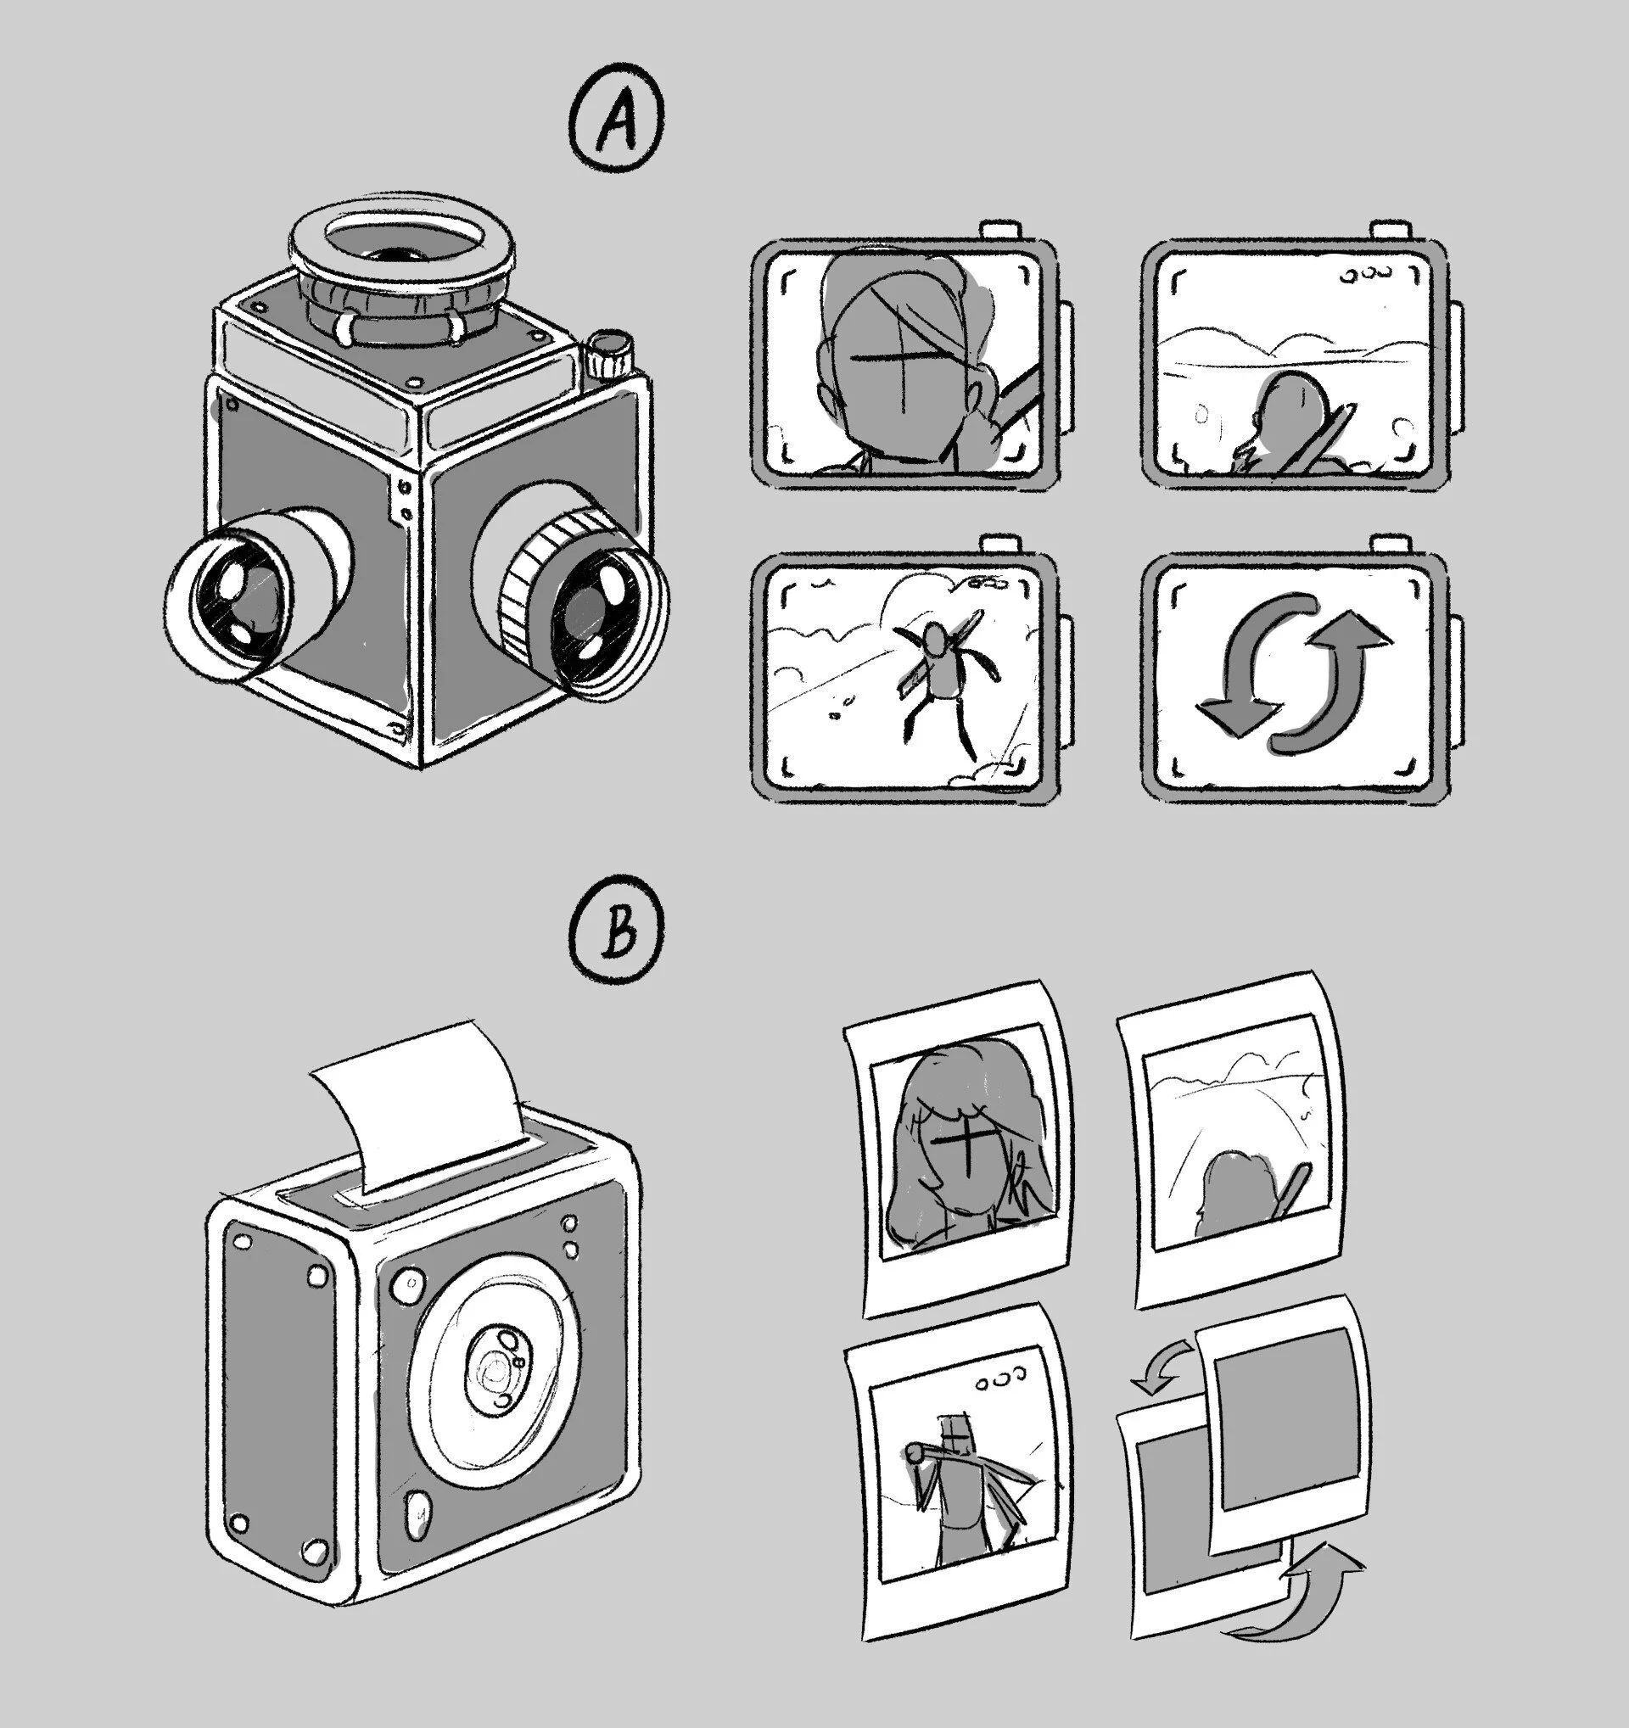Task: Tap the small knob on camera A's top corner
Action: coord(608,352)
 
